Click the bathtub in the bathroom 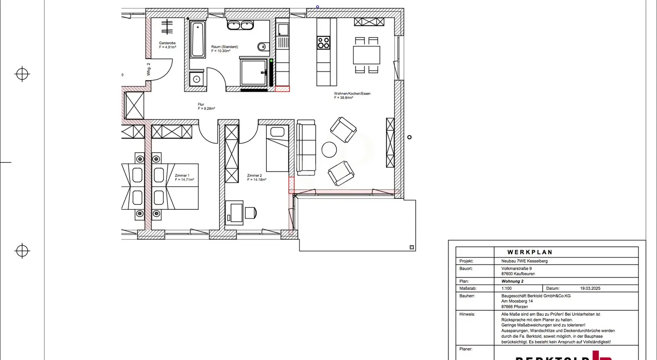click(198, 39)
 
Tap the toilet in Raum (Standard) click(263, 46)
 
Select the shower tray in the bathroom click(253, 72)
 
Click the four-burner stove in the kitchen click(324, 43)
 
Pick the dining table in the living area click(367, 55)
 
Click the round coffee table click(329, 150)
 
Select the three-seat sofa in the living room click(306, 148)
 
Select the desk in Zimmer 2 click(234, 213)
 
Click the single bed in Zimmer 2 click(277, 148)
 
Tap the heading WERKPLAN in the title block click(530, 252)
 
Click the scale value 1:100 click(506, 289)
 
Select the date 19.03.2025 click(590, 289)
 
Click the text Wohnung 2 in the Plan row click(512, 281)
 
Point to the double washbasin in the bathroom click(240, 25)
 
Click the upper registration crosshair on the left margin click(22, 74)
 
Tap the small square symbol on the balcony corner click(412, 247)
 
